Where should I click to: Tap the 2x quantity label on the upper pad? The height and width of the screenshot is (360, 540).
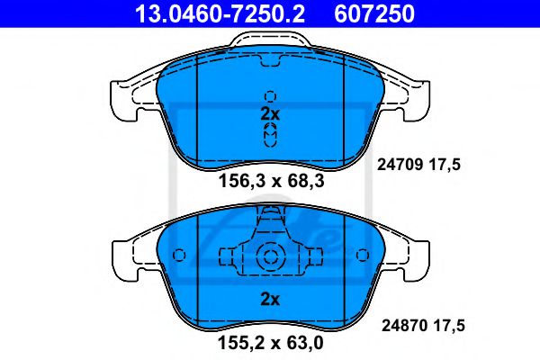point(269,114)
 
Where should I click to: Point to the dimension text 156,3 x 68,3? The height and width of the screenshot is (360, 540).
point(269,183)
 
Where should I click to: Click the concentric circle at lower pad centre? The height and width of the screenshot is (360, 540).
point(269,257)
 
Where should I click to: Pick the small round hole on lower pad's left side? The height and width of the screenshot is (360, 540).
point(178,255)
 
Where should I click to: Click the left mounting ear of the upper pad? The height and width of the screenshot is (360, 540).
point(126,94)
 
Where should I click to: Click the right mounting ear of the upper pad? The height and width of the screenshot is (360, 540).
point(414,94)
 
